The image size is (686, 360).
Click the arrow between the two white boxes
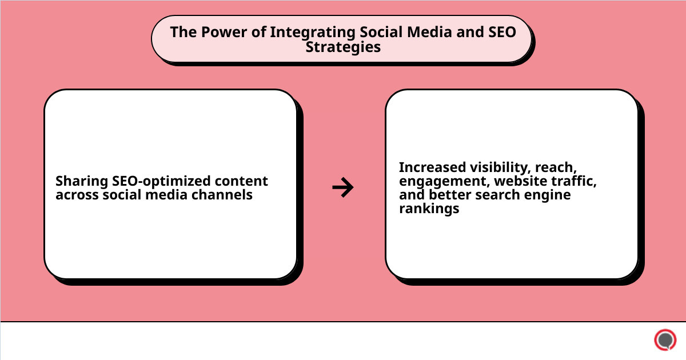[342, 187]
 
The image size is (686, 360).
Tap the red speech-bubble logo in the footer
[665, 340]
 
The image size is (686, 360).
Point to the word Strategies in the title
[343, 47]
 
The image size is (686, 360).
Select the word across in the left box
[77, 195]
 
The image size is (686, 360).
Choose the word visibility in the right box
[498, 167]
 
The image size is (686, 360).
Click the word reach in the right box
[556, 167]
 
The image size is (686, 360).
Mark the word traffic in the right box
[575, 181]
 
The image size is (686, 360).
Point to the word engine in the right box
[550, 195]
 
